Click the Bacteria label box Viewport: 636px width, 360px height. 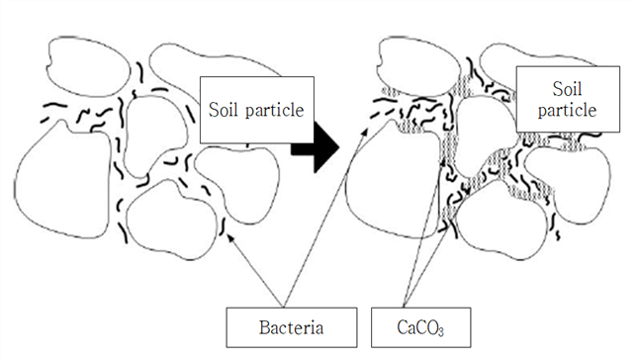292,327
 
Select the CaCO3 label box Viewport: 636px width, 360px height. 421,327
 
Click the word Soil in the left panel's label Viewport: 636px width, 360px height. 224,110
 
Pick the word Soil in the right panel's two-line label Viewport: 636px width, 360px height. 567,89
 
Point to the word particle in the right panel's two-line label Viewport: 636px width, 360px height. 567,111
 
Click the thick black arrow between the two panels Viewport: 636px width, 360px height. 316,148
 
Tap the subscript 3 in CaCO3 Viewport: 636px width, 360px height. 441,331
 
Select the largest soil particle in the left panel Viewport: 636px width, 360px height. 62,180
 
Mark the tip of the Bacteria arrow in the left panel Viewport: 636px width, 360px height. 227,233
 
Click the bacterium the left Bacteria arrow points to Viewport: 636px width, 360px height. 223,226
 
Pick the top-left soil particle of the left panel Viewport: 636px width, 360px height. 88,66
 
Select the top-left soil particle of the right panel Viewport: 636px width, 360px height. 418,66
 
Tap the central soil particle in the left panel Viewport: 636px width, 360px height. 155,135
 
